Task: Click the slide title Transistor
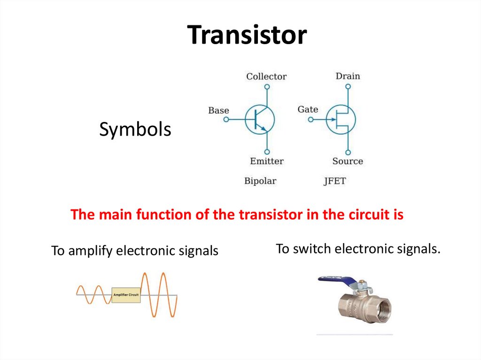(247, 35)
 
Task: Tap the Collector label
(266, 76)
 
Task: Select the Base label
(218, 110)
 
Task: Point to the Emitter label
(266, 161)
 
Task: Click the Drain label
(348, 76)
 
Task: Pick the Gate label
(308, 109)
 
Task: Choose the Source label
(348, 161)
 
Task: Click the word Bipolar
(260, 181)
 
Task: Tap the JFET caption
(334, 181)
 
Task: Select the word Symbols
(135, 130)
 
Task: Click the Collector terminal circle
(267, 87)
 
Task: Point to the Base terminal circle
(226, 120)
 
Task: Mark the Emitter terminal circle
(267, 152)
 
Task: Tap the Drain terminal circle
(348, 86)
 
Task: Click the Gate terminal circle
(310, 119)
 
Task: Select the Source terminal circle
(348, 152)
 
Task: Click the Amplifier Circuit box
(126, 295)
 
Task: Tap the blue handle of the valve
(338, 281)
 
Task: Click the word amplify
(91, 251)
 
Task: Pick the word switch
(308, 249)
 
